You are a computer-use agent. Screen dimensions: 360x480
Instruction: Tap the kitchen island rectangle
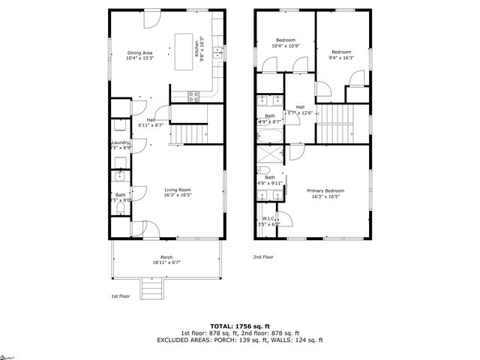(x=184, y=52)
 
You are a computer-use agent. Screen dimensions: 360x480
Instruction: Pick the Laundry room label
(x=121, y=145)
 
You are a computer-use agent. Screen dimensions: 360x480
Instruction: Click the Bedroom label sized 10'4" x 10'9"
(x=285, y=43)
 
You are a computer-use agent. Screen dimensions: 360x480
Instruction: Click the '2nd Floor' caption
(x=263, y=256)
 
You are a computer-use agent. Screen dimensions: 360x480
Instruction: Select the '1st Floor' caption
(x=121, y=295)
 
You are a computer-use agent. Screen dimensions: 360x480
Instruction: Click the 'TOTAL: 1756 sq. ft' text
(x=239, y=325)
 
